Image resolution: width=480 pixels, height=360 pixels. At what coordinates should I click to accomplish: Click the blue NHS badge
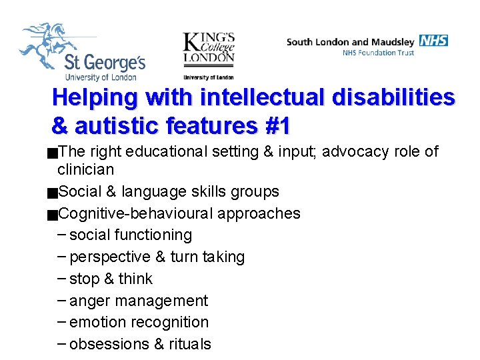[x=433, y=41]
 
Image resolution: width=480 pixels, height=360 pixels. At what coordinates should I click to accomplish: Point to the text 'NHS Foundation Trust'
[x=378, y=53]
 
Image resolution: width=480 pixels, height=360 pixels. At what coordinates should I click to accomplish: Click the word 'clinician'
[x=86, y=169]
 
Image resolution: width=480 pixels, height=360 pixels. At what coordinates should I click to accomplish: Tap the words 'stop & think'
[x=111, y=279]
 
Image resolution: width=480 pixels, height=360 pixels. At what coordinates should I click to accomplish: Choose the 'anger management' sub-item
[x=139, y=301]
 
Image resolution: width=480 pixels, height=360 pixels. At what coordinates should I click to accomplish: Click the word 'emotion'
[x=97, y=322]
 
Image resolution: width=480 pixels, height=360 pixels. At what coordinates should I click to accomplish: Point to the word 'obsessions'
[x=109, y=344]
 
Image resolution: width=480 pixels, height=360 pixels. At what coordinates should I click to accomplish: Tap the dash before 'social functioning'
[x=61, y=235]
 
